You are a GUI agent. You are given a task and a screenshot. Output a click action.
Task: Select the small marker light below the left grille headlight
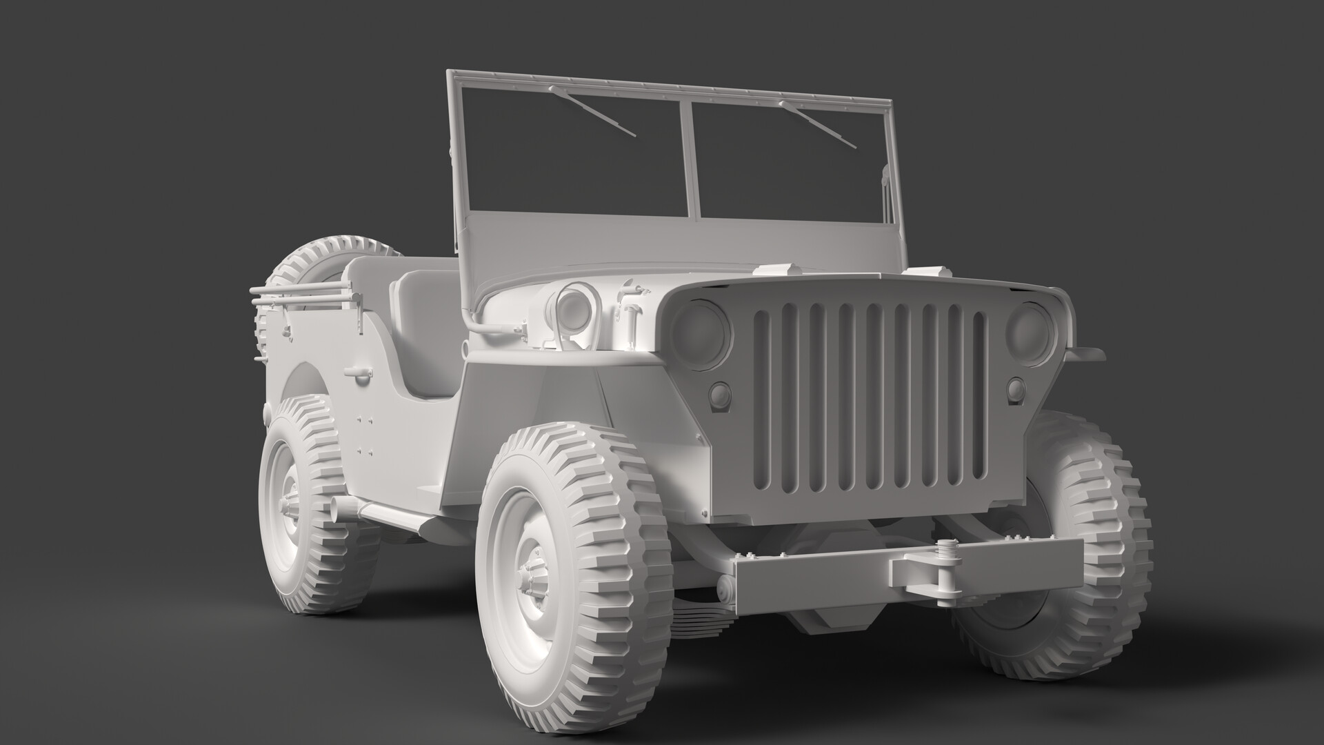tap(720, 396)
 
